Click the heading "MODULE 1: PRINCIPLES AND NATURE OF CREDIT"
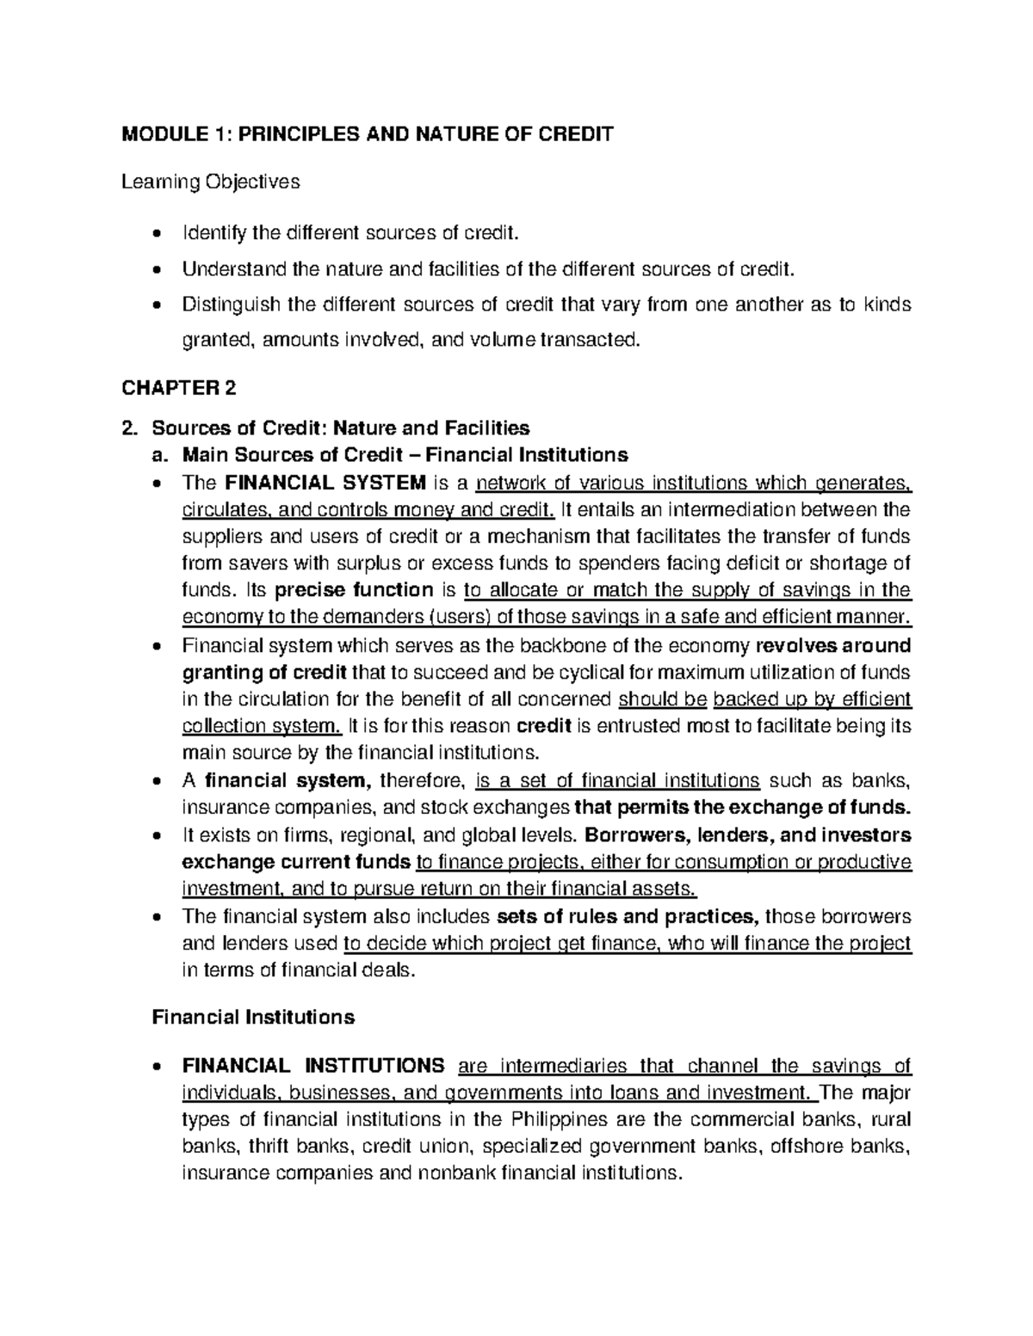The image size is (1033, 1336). coord(368,134)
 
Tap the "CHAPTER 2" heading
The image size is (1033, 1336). coord(178,388)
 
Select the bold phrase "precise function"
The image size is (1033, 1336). coord(353,590)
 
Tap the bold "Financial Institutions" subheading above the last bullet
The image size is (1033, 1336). coord(253,1017)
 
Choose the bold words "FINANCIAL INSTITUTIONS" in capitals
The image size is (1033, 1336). coord(314,1067)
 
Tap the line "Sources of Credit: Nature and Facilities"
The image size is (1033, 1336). coord(340,428)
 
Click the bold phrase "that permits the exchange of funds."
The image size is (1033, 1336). coord(742,808)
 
